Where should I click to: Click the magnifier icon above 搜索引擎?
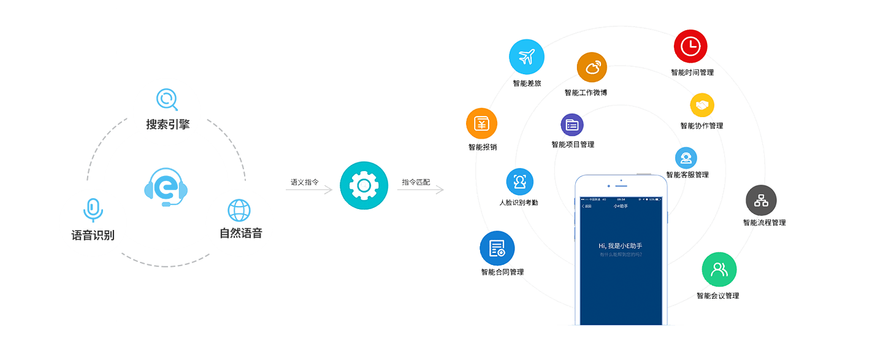167,99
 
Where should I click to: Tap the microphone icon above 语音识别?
93,210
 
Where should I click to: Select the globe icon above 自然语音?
239,210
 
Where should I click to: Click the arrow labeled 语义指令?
310,190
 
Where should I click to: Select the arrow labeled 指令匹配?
421,190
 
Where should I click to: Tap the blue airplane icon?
527,57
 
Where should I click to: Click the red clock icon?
690,46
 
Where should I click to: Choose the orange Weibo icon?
592,67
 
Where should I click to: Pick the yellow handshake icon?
702,105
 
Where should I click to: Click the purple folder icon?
572,124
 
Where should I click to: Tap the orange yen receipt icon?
481,124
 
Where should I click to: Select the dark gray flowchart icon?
761,200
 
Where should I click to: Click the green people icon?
719,269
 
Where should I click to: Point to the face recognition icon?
520,182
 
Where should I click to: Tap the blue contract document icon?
497,248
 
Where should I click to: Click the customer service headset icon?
686,158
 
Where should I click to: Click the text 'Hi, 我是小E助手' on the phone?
621,245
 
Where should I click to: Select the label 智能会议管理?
717,296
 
